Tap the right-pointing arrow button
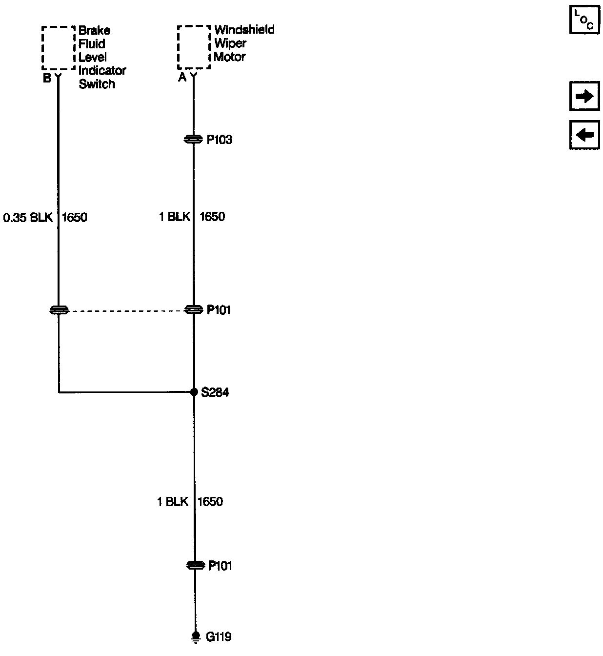pos(584,97)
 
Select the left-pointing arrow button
pos(584,134)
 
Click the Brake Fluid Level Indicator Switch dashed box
pos(59,48)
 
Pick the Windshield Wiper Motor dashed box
pos(194,47)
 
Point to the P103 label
pos(220,140)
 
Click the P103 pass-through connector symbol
pos(193,140)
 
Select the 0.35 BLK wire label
pos(28,217)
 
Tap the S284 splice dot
pos(194,392)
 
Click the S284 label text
pos(215,392)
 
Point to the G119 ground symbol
pos(195,637)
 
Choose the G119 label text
pos(219,637)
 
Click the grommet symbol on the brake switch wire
pos(59,310)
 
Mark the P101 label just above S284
pos(219,310)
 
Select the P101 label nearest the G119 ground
pos(220,566)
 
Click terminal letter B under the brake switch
pos(47,78)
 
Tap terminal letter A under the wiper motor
pos(182,78)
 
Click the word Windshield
pos(244,30)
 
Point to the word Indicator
pos(102,71)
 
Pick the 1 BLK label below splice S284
pos(172,502)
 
